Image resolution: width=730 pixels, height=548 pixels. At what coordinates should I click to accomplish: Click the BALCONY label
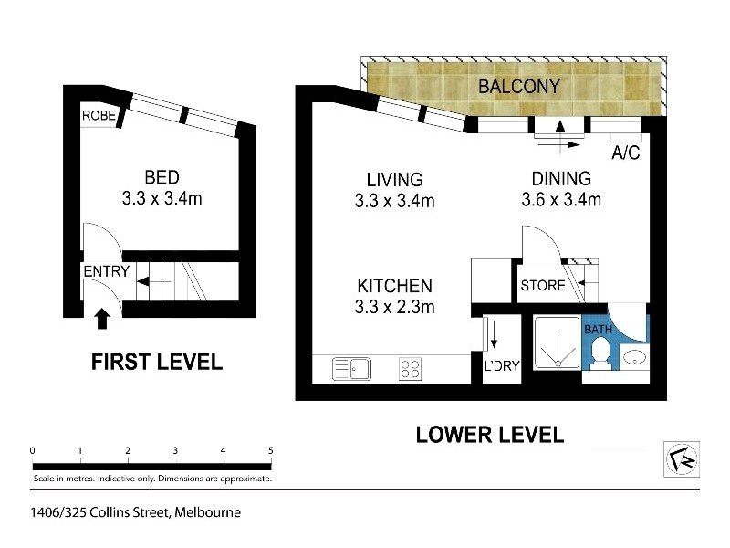[x=518, y=87]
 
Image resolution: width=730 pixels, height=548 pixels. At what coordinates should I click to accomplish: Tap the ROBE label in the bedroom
[x=98, y=116]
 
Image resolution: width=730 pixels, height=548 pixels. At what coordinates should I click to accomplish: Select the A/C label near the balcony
[x=624, y=152]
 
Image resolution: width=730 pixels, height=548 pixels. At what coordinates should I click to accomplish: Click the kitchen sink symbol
[x=351, y=369]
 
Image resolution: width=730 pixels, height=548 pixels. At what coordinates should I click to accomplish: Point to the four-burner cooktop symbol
[x=411, y=369]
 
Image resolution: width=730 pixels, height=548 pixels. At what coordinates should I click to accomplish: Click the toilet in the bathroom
[x=600, y=353]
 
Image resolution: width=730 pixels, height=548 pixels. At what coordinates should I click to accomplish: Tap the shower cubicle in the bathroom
[x=554, y=349]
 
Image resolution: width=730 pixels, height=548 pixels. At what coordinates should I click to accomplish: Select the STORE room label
[x=542, y=286]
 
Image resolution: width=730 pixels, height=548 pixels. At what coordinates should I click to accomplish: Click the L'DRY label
[x=501, y=366]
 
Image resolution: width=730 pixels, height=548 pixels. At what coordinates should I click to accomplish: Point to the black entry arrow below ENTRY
[x=102, y=318]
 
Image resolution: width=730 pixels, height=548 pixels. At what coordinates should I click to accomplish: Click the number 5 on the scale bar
[x=271, y=450]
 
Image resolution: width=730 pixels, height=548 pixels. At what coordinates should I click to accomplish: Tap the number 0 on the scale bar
[x=33, y=450]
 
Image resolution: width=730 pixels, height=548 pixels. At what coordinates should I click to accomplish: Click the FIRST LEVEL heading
[x=156, y=362]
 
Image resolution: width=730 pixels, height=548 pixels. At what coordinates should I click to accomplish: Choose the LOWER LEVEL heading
[x=489, y=434]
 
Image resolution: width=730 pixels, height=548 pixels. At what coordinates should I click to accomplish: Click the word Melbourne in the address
[x=210, y=512]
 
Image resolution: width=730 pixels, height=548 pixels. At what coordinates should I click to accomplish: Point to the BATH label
[x=598, y=328]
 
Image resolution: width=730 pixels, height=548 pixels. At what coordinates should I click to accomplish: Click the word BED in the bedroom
[x=162, y=177]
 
